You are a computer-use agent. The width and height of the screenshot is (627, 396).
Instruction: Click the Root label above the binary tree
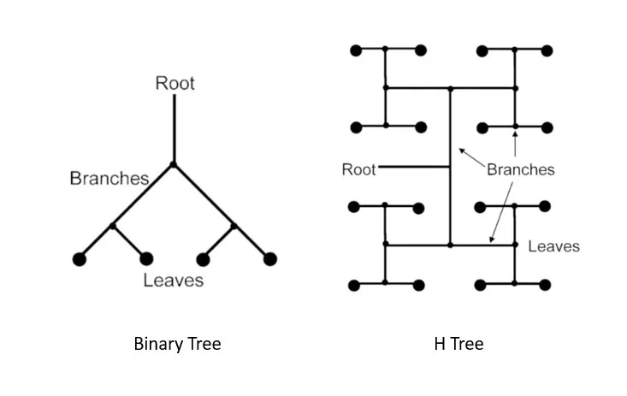tap(174, 83)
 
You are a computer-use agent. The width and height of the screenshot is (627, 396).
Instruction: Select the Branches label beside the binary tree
tap(109, 178)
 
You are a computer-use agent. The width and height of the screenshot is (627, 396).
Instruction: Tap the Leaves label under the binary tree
tap(174, 280)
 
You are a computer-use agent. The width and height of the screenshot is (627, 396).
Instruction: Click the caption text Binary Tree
tap(177, 344)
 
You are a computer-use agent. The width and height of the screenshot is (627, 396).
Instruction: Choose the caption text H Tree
tap(458, 344)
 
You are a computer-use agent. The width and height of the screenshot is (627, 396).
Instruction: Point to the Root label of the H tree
tap(358, 168)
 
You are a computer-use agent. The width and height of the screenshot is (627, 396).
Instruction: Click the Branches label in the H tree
tap(520, 169)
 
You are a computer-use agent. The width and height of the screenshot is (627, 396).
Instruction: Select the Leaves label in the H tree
tap(553, 246)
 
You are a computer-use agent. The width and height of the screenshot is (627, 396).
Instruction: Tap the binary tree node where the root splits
tap(174, 163)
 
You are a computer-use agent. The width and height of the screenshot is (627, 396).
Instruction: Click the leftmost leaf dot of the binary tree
tap(80, 258)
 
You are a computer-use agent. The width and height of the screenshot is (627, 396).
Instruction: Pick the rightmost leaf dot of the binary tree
tap(270, 258)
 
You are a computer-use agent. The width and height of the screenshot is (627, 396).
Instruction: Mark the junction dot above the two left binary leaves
tap(113, 226)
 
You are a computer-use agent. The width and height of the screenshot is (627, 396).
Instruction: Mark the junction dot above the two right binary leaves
tap(234, 226)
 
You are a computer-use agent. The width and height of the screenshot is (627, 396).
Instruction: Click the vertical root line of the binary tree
tap(174, 128)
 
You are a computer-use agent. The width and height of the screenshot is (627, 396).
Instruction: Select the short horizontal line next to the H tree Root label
tap(414, 168)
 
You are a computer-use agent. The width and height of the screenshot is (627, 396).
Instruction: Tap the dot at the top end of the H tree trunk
tap(450, 87)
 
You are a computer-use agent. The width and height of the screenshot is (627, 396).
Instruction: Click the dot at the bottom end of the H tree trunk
tap(450, 245)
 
